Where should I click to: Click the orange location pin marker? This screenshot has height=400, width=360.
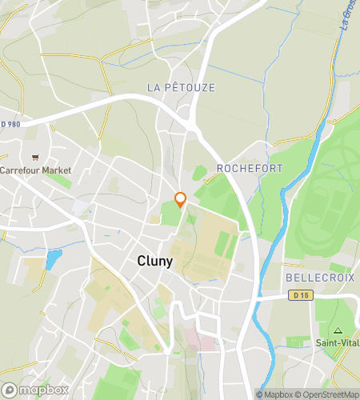(x=181, y=200)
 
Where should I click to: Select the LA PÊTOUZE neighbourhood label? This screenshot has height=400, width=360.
(x=182, y=87)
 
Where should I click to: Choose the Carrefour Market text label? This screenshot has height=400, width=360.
(x=35, y=170)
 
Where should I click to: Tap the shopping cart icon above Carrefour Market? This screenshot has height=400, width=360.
(x=34, y=157)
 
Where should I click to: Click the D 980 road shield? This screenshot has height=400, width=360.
(x=11, y=124)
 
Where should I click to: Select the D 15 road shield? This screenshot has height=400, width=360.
(x=298, y=296)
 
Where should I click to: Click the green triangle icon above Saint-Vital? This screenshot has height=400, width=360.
(x=337, y=330)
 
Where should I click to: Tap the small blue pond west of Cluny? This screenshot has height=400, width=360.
(x=53, y=259)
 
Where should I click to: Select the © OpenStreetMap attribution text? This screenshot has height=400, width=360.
(x=327, y=394)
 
